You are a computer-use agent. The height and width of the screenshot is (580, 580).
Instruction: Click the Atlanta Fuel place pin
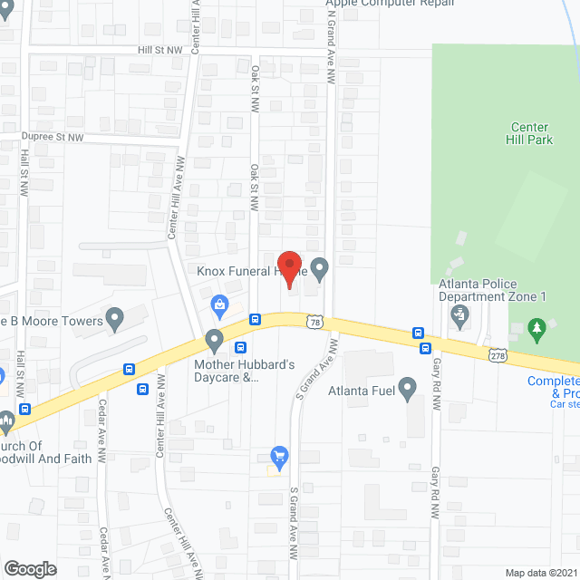click(407, 391)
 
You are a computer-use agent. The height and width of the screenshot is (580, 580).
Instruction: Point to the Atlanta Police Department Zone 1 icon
click(459, 316)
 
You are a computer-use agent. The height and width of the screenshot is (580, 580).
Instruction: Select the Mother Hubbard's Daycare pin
click(215, 341)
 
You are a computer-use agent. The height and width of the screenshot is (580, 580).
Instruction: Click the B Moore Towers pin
click(114, 318)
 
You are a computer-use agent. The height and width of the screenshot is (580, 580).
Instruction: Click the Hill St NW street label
click(159, 52)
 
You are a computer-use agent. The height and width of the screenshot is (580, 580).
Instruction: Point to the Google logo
click(30, 568)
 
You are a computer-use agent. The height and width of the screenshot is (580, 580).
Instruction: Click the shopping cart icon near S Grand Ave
click(279, 456)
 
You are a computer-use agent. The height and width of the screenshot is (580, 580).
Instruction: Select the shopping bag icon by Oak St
click(218, 305)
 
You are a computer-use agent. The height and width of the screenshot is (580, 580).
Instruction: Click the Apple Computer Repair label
click(390, 4)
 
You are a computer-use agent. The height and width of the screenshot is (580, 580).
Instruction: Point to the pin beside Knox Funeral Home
click(319, 268)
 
